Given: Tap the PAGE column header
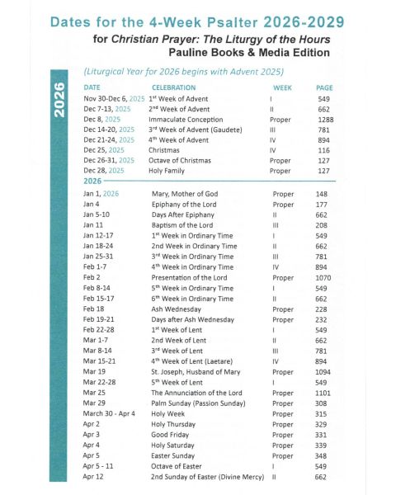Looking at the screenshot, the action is (x=324, y=87).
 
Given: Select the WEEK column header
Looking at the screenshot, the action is (x=282, y=87).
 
